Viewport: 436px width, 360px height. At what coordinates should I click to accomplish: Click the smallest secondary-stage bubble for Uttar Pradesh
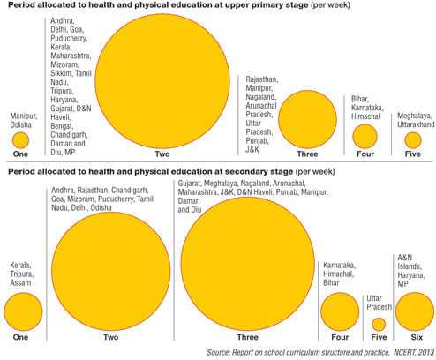point(379,324)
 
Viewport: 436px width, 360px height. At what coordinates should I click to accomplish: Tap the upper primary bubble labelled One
point(20,140)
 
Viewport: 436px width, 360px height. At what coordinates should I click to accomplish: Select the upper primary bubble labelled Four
point(365,136)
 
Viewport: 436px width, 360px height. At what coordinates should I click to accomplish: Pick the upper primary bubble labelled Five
point(413,140)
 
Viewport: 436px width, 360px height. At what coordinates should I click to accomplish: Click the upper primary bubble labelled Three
point(307,119)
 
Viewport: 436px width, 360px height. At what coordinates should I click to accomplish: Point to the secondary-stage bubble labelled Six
point(415,311)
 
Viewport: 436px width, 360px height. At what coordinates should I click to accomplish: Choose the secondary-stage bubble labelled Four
point(340,311)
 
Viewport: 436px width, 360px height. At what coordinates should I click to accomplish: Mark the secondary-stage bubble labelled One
point(23,311)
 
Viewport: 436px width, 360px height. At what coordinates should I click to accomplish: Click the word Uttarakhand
point(416,124)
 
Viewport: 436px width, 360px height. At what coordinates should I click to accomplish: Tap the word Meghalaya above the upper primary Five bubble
point(414,116)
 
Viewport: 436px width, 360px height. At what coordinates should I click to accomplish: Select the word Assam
point(20,283)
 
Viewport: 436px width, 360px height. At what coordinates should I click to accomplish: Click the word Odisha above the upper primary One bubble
point(21,124)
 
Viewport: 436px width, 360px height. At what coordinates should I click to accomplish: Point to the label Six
point(417,337)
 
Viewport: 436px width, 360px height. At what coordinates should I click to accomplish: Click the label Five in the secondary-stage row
point(379,337)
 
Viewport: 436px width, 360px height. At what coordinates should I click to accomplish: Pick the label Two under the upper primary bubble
point(162,154)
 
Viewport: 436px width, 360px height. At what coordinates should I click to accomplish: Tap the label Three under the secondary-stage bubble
point(248,337)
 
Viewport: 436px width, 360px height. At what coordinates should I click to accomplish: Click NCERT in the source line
point(404,352)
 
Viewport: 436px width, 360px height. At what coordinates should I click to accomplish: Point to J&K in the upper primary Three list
point(252,149)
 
